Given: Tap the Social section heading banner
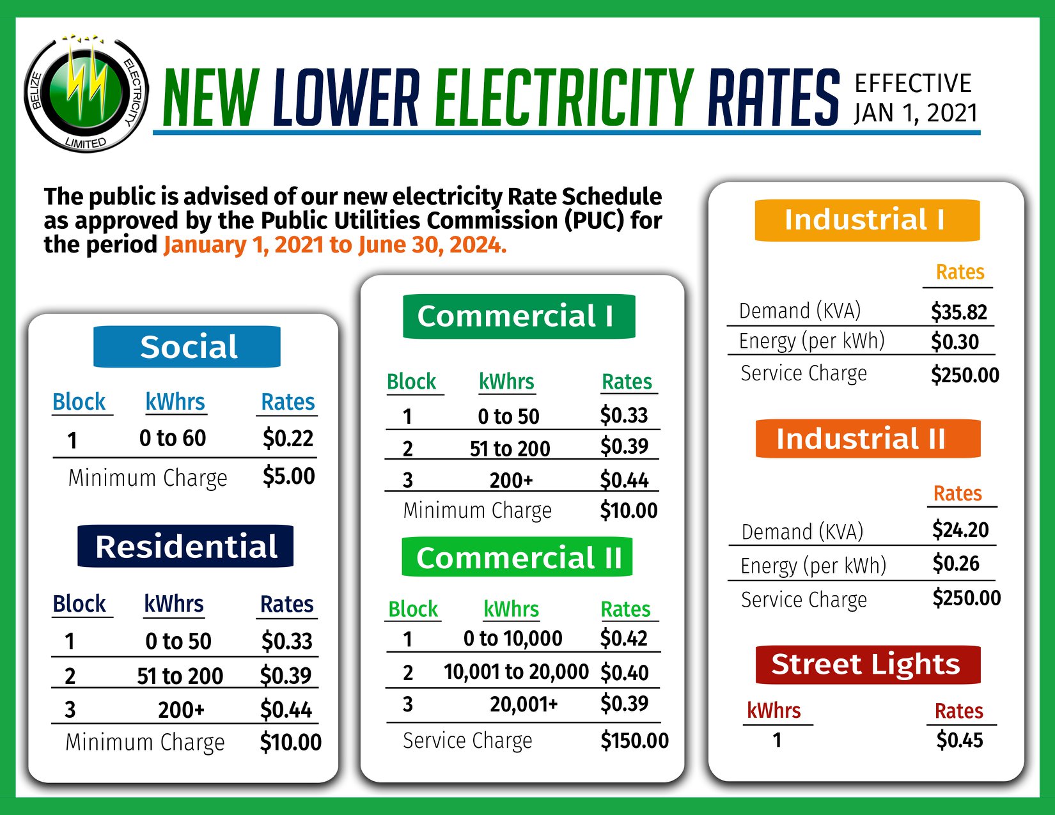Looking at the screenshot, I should [187, 347].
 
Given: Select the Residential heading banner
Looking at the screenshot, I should [185, 547].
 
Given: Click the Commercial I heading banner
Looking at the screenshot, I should [519, 316].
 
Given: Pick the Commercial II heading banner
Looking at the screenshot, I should [517, 557].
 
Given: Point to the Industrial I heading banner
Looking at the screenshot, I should [867, 220].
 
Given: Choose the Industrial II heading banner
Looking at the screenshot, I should [868, 439].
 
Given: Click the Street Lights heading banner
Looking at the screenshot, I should [868, 665].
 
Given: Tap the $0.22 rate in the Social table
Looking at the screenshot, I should [288, 439].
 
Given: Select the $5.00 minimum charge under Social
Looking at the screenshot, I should [288, 476].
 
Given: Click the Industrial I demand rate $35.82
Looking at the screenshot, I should [959, 312].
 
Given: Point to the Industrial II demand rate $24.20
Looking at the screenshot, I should [960, 530].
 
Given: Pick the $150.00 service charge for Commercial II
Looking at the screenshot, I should [634, 741].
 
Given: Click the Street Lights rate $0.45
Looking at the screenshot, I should [960, 740].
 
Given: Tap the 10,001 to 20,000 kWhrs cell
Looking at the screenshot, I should [516, 672].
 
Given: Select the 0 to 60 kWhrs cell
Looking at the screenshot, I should [173, 439].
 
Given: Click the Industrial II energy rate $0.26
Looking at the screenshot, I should [956, 564].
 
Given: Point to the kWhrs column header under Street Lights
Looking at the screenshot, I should [774, 711].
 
